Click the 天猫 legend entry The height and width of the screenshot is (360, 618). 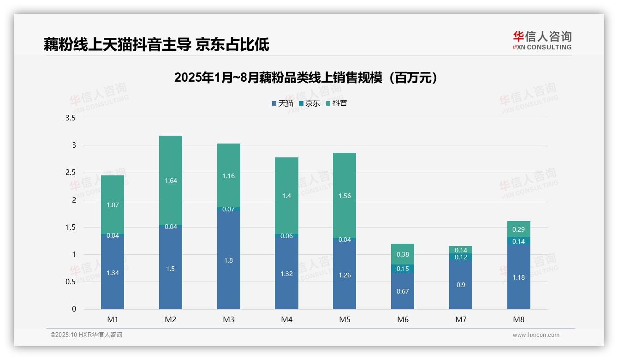point(283,103)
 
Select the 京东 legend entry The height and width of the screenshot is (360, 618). point(309,103)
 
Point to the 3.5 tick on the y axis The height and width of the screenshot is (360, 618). point(71,118)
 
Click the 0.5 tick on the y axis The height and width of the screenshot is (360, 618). point(71,282)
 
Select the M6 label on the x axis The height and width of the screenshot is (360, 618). point(403,319)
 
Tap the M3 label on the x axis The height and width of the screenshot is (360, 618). point(229,319)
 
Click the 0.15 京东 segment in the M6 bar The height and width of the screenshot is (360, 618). point(403,269)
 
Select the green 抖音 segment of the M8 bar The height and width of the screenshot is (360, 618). point(519,229)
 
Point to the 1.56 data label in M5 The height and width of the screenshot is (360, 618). point(345,196)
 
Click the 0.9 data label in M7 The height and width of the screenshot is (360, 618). point(461,285)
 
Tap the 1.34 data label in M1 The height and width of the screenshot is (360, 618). point(113,273)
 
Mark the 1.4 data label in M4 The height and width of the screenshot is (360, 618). point(286,196)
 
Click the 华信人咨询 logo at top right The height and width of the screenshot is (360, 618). point(542,40)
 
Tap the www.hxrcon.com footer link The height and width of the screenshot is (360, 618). point(536,335)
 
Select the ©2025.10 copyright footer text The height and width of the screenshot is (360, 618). point(86,335)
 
